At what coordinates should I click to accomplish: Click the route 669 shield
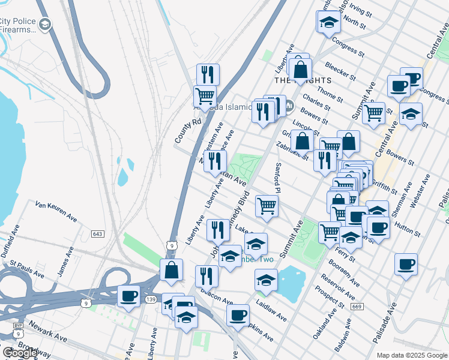[x=357, y=307]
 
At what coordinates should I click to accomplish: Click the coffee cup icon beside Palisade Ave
[x=406, y=264]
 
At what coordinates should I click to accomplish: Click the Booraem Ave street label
[x=344, y=272]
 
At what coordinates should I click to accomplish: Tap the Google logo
[x=20, y=353]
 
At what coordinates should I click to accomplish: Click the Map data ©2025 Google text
[x=412, y=355]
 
